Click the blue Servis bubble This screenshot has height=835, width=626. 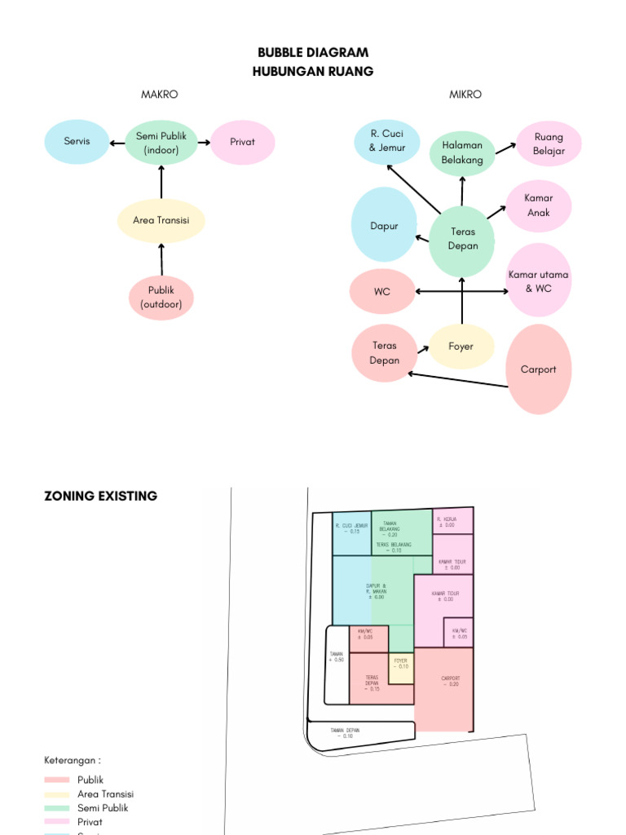[77, 141]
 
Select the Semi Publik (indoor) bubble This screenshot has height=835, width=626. [161, 142]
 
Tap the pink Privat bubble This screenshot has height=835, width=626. [242, 142]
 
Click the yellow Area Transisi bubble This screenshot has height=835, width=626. [161, 219]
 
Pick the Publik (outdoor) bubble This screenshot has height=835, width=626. [161, 298]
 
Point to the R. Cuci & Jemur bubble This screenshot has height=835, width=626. [386, 141]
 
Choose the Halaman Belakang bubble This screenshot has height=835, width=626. [462, 152]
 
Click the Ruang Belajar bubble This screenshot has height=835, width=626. [549, 144]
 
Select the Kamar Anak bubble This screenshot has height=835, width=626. [538, 205]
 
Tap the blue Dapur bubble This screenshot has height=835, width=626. [384, 225]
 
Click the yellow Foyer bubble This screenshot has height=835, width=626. [461, 347]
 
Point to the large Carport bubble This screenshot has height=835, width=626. [538, 369]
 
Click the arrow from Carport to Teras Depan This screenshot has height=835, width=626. [456, 380]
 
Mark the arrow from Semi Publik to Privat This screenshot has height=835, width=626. [203, 142]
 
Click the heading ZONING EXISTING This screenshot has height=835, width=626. [100, 496]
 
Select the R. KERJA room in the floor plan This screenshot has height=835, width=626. [453, 521]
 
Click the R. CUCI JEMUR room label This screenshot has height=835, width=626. [352, 528]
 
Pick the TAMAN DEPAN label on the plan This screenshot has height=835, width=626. [346, 732]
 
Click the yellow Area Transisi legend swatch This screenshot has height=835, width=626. [56, 794]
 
